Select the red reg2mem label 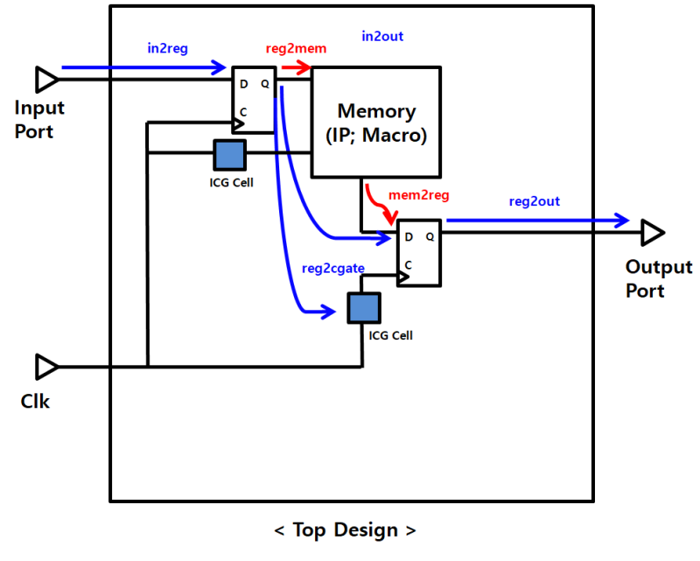point(296,49)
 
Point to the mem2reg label point(421,195)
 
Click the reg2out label point(534,201)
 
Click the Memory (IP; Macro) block point(376,123)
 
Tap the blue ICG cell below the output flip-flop point(364,308)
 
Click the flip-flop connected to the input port point(253,100)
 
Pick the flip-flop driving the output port point(419,253)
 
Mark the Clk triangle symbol point(46,366)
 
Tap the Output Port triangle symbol point(652,233)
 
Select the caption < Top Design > point(345,530)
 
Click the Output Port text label point(658,278)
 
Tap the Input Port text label point(39,120)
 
